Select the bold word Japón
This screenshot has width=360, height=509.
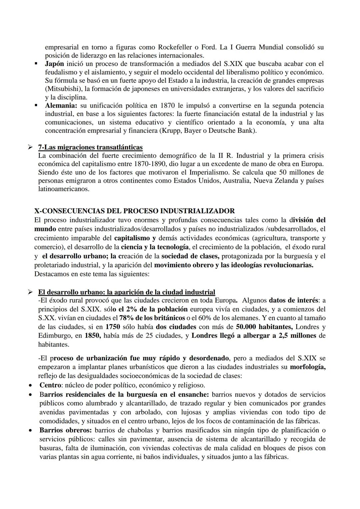pyautogui.click(x=55, y=64)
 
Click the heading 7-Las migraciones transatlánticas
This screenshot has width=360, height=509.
pyautogui.click(x=90, y=147)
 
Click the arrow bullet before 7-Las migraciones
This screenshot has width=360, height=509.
pyautogui.click(x=30, y=147)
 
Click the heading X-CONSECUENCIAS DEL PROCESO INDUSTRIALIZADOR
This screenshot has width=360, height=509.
pyautogui.click(x=134, y=211)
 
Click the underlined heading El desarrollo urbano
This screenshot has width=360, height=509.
pyautogui.click(x=126, y=292)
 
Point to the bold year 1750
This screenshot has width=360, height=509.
pyautogui.click(x=113, y=327)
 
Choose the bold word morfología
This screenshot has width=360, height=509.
pyautogui.click(x=308, y=367)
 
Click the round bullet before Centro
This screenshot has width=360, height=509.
pyautogui.click(x=31, y=385)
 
